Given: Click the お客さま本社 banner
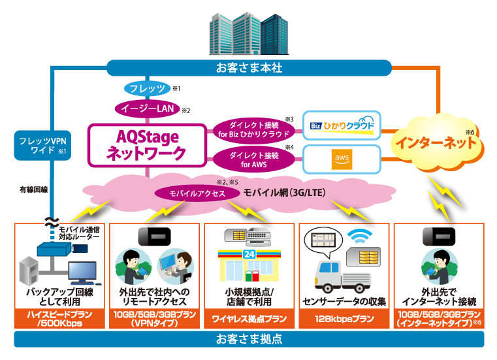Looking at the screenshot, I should [249, 67].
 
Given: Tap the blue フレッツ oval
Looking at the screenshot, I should [146, 88].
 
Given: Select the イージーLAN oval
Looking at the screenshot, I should [146, 108].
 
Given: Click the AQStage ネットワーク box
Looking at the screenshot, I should [146, 144].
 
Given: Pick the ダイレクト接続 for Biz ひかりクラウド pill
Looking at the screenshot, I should [253, 128].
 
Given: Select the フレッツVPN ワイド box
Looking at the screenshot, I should [40, 146].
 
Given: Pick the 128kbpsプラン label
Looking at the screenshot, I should [344, 320].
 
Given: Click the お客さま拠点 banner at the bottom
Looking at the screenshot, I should [249, 340].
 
